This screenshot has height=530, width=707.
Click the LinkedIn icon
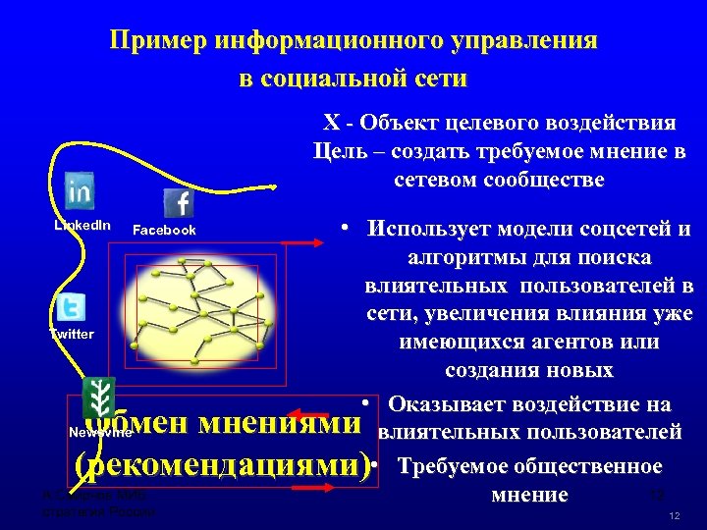point(79,189)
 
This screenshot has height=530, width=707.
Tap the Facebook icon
point(179,203)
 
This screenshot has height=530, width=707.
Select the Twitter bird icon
point(70,307)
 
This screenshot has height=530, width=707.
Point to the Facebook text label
point(164,231)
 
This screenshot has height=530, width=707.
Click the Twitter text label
point(72,335)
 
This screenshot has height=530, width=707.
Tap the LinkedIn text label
point(82,226)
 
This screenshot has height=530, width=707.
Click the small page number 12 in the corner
point(674,516)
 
